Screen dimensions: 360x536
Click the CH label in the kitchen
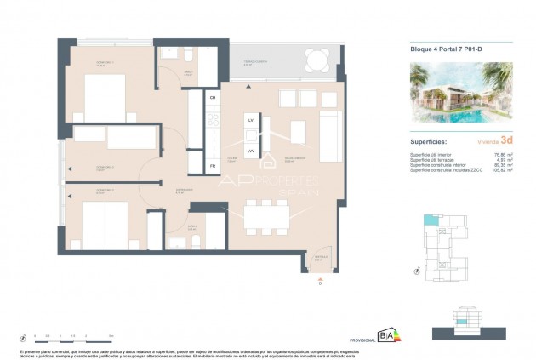click(x=213, y=98)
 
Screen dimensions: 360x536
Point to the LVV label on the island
click(x=251, y=151)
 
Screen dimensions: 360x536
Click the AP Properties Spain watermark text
click(x=268, y=183)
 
